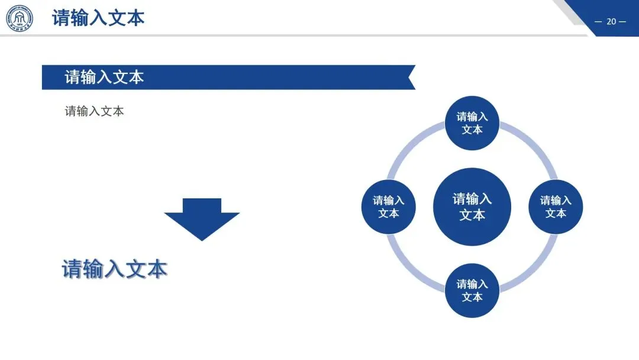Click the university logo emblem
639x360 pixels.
(20, 18)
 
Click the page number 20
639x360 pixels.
(611, 22)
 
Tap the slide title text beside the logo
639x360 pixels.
(98, 18)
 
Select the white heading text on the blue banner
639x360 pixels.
(104, 77)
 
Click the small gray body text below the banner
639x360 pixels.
(94, 111)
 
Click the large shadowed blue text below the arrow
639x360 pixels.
(115, 269)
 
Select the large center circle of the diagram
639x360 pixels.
(472, 207)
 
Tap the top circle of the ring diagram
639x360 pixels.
(472, 123)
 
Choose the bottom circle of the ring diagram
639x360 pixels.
(472, 290)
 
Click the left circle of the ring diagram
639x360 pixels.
(388, 207)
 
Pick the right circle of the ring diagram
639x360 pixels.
(556, 207)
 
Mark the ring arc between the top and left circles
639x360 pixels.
(413, 147)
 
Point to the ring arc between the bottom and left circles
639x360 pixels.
(413, 266)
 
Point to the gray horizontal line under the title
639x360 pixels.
(296, 36)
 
